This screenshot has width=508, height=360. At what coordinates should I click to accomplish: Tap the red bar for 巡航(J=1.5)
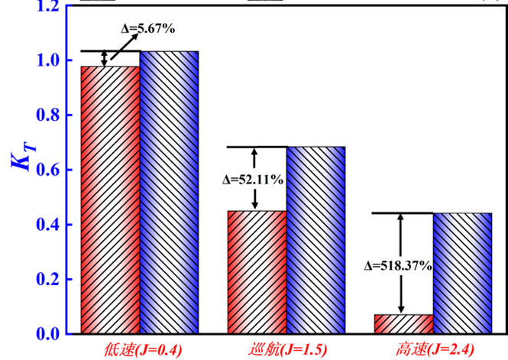(x=257, y=272)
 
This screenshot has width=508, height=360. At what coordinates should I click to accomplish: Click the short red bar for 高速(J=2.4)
(x=403, y=324)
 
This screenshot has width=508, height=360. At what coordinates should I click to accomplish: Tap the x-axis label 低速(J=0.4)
(x=141, y=351)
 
